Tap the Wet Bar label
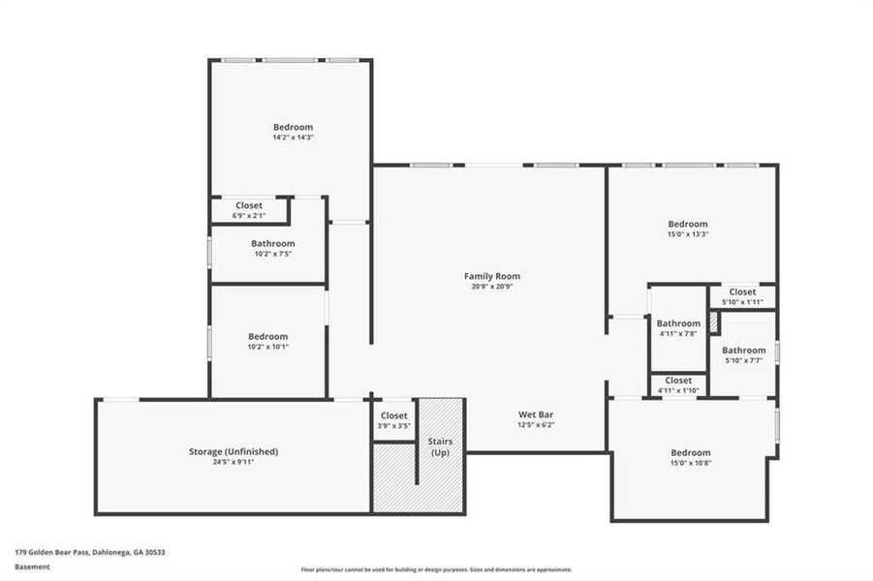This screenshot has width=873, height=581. [536, 413]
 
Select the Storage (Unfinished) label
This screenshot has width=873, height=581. [234, 451]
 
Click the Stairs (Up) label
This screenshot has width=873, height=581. [441, 447]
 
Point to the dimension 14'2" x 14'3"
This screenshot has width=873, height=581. [293, 138]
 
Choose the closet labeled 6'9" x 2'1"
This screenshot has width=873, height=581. [250, 210]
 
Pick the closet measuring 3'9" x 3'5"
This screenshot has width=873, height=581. [394, 419]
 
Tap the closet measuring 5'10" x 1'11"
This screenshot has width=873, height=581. [742, 296]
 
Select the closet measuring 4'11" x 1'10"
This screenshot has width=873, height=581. [678, 384]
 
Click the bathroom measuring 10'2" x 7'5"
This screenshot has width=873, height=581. [272, 248]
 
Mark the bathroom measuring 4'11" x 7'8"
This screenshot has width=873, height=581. [678, 327]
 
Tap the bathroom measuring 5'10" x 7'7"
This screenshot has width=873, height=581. [743, 354]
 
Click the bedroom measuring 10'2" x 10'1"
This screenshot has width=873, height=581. [267, 341]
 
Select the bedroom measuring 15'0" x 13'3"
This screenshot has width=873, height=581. [688, 228]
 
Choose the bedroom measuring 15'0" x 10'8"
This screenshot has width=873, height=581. [691, 457]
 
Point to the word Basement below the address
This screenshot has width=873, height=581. [33, 566]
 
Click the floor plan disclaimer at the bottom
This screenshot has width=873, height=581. [436, 569]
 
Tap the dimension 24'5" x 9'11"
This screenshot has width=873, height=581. [234, 462]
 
